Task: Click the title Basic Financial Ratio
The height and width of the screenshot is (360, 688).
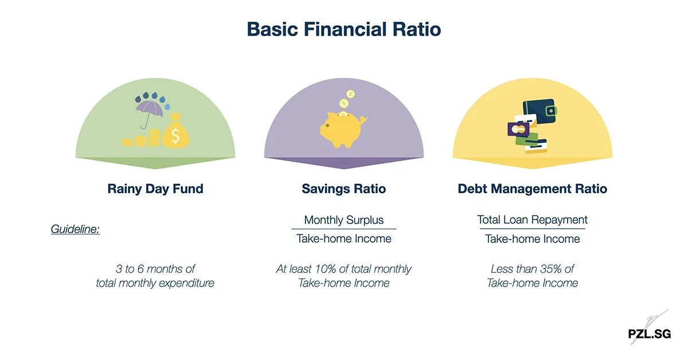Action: click(344, 29)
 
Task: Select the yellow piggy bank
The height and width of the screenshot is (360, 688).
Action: click(342, 130)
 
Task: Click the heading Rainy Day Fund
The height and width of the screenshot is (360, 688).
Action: click(155, 189)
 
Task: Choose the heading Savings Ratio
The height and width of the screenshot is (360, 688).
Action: click(343, 189)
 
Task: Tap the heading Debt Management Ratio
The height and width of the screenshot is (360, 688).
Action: click(532, 189)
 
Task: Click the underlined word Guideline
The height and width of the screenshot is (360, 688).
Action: click(75, 229)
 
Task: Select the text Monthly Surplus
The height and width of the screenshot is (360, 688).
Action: click(343, 220)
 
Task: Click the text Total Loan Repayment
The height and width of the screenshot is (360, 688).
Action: click(532, 220)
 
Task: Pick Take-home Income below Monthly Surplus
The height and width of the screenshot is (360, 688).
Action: click(343, 239)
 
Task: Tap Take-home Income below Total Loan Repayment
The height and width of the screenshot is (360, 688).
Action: click(532, 239)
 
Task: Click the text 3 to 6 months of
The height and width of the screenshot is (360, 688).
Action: click(155, 269)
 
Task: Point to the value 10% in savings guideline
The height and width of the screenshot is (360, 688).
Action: click(332, 269)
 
